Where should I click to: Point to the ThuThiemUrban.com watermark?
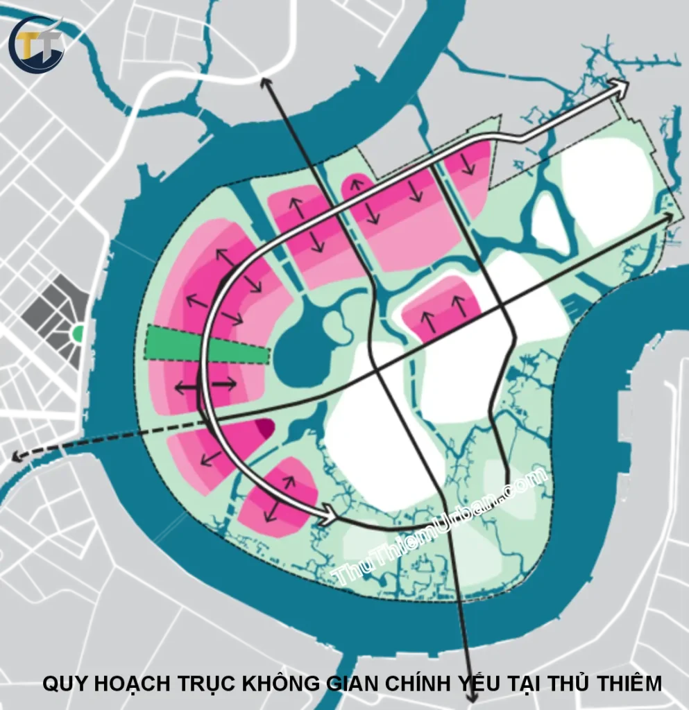441,527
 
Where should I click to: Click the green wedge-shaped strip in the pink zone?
206,344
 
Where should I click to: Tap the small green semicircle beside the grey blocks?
78,334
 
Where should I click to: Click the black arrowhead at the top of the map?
264,81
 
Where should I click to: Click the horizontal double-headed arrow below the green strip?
205,386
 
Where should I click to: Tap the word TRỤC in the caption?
205,683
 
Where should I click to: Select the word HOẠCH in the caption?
131,683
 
